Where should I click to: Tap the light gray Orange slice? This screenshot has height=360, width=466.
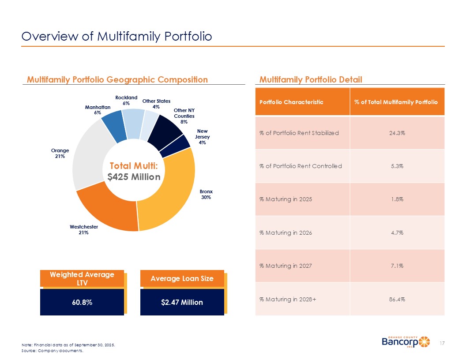(x=86, y=154)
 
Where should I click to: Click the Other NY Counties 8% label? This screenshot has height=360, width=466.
(x=184, y=116)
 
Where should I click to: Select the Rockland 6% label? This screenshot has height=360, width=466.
(x=126, y=100)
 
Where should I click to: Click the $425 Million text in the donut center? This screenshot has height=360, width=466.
(x=134, y=176)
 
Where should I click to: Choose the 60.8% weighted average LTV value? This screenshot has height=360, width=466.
(x=82, y=302)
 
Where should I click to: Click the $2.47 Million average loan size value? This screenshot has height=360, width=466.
(x=182, y=302)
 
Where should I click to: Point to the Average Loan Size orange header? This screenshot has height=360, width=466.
(x=182, y=278)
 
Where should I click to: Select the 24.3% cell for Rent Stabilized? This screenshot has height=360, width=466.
(x=397, y=133)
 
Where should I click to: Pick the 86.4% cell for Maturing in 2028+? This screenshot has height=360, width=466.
(x=397, y=299)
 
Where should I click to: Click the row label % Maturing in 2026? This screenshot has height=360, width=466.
(x=286, y=232)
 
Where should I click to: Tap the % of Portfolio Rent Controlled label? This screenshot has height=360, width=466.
(x=300, y=166)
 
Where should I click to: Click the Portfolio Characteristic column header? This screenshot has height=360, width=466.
(x=291, y=102)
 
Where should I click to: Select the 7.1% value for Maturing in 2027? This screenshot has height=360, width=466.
(x=397, y=266)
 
